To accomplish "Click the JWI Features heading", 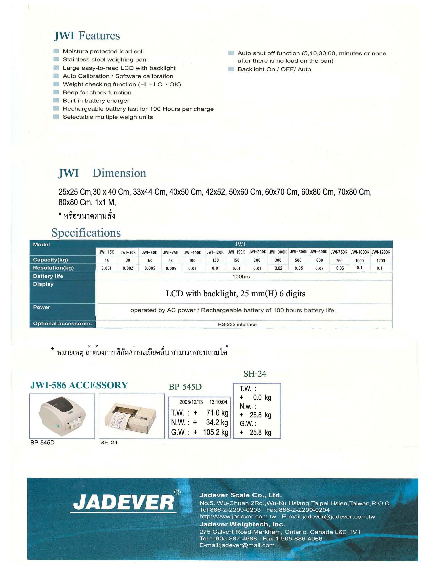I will click(x=87, y=36).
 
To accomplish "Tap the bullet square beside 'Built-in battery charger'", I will click(x=56, y=100).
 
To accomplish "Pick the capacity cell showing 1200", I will click(x=381, y=260).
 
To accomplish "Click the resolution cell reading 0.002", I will click(x=128, y=268).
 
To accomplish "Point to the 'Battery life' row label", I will click(x=48, y=276).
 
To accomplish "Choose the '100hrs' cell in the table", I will click(x=241, y=276).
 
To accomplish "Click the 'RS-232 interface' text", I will click(x=237, y=324).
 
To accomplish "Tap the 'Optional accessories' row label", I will click(x=62, y=324).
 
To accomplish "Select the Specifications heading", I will click(x=86, y=233).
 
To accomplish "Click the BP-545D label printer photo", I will click(x=62, y=416).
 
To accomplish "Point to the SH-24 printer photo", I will click(x=132, y=416).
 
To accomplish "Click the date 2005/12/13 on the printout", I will click(x=191, y=402).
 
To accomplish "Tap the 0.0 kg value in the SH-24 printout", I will click(x=262, y=397).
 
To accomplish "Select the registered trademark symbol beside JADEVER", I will click(x=177, y=492).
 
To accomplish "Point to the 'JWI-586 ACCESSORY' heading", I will click(x=79, y=385).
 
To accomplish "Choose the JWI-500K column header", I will click(x=299, y=252).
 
